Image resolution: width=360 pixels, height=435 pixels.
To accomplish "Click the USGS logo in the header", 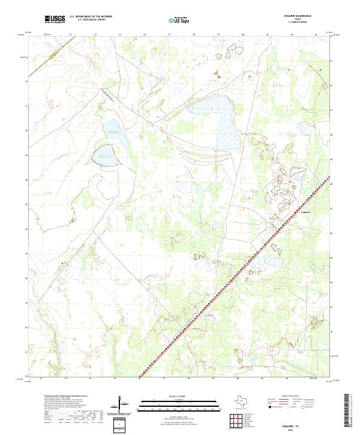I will [55, 19].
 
